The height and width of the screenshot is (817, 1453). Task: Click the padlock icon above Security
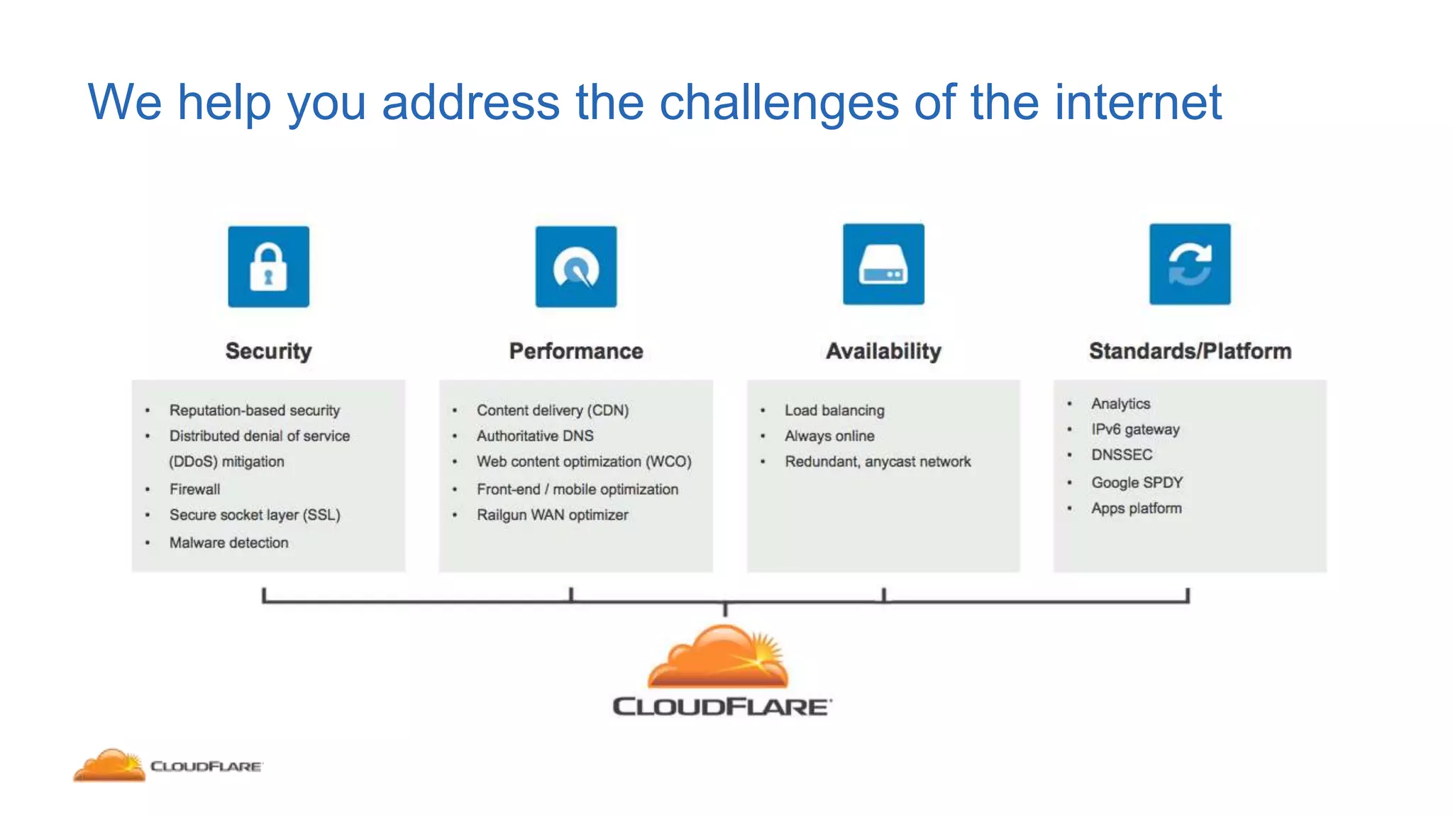click(x=268, y=267)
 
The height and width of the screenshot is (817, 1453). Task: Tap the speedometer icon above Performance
click(x=576, y=267)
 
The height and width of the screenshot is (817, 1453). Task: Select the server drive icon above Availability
click(x=883, y=265)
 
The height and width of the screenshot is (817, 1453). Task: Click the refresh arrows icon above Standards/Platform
click(x=1190, y=265)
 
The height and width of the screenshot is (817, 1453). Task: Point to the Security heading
click(x=268, y=351)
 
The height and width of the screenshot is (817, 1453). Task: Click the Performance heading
click(x=576, y=351)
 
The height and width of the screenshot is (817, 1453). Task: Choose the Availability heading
click(x=883, y=351)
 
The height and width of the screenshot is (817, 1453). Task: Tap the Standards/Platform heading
click(x=1190, y=351)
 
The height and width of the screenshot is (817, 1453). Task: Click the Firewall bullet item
click(x=194, y=489)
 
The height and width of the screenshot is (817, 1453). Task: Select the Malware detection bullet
click(x=228, y=543)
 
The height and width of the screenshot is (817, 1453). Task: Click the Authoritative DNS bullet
click(x=535, y=436)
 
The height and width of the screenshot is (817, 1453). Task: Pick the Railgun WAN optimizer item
click(x=552, y=515)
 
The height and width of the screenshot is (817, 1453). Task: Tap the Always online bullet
click(x=829, y=436)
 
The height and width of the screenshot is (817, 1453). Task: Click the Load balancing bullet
click(x=834, y=411)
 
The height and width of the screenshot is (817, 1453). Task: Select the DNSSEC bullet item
click(x=1121, y=455)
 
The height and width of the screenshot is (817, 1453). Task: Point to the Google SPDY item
click(x=1137, y=483)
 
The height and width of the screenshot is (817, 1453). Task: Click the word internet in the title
click(x=1138, y=103)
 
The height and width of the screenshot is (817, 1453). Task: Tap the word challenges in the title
click(x=778, y=103)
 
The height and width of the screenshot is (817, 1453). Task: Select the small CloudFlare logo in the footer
click(x=167, y=766)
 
